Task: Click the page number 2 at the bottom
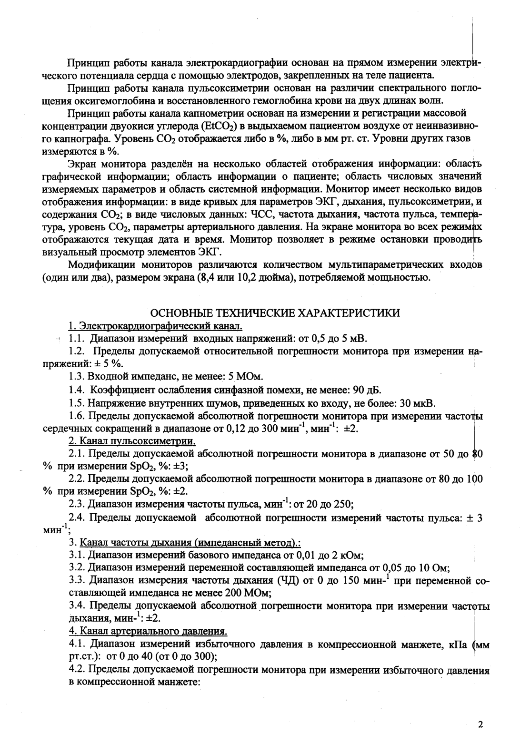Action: click(x=480, y=724)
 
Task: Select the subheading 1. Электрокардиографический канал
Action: click(x=156, y=326)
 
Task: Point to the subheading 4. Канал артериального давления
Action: click(x=148, y=632)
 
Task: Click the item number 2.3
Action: click(x=77, y=504)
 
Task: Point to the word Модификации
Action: click(x=100, y=265)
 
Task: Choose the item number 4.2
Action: click(x=77, y=670)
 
